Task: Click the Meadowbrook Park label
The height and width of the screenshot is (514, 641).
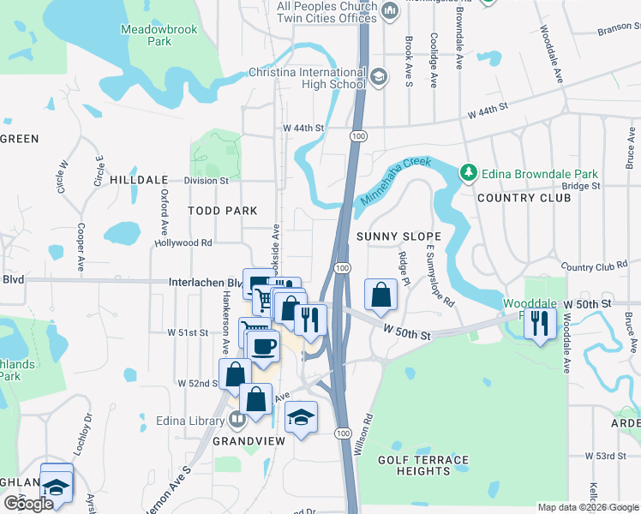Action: (x=159, y=35)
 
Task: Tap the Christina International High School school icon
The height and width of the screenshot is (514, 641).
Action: (x=380, y=78)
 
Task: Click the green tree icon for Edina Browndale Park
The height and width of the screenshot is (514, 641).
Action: (x=468, y=173)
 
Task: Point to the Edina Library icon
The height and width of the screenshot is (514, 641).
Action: (x=237, y=420)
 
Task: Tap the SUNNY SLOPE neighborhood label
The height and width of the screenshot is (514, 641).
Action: (x=398, y=236)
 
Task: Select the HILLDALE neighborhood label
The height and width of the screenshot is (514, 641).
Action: (x=132, y=181)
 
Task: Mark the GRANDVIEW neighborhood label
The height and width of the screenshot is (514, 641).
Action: (x=249, y=441)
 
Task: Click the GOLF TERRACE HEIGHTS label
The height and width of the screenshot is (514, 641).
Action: (x=424, y=466)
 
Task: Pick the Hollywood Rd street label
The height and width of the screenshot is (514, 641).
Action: (x=183, y=243)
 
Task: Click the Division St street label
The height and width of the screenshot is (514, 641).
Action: (x=207, y=181)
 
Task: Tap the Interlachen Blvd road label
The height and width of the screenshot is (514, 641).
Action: (x=205, y=282)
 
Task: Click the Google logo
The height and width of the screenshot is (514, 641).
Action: (x=28, y=504)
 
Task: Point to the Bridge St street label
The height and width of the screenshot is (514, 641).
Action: (x=581, y=185)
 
